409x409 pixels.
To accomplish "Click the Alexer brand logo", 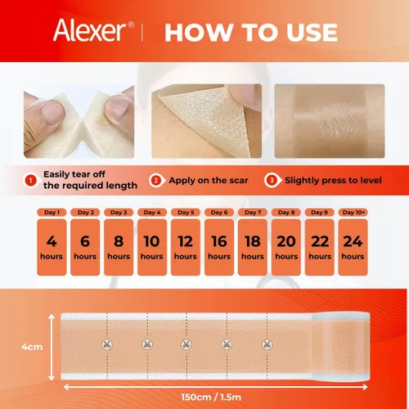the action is (x=93, y=30).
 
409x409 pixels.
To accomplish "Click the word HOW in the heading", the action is (x=199, y=33).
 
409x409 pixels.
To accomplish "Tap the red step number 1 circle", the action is (x=31, y=180).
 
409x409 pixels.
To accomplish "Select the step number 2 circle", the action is (x=156, y=180).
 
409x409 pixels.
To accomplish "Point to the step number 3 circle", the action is (x=272, y=180).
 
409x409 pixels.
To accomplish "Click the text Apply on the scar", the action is (x=209, y=180).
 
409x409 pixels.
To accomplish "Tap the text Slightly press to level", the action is (x=333, y=180).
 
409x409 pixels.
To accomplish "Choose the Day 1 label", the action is (x=52, y=213).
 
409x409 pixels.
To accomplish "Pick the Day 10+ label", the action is (x=353, y=213).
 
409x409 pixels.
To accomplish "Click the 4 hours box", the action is (x=52, y=247).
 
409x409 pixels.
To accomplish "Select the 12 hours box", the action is (x=186, y=247).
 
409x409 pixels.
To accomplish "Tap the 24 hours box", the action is (x=353, y=247).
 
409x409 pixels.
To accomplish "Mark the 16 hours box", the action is (x=219, y=247).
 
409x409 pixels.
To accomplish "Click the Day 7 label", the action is (x=253, y=213).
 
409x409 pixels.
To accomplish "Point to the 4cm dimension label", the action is (x=32, y=347).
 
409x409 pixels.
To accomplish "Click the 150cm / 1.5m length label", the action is (x=211, y=397).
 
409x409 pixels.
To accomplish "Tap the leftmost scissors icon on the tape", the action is (x=107, y=345).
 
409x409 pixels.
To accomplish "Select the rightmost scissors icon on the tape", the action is (x=267, y=345).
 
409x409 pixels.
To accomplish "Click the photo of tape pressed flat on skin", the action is (x=330, y=121).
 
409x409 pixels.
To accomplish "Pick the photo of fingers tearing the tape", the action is (x=79, y=121).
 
